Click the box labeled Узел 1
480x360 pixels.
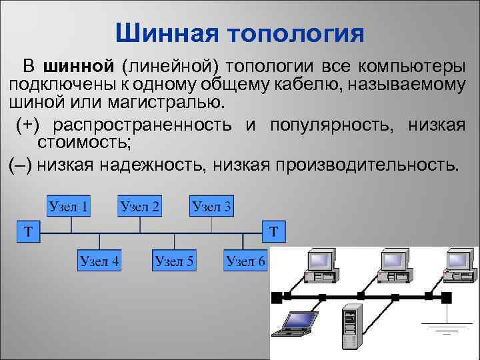point(69,206)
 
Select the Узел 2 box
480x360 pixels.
point(140,206)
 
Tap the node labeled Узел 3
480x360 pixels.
point(212,207)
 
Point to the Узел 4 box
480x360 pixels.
point(99,261)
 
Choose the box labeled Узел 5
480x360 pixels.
point(174,261)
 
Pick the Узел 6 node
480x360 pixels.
point(245,261)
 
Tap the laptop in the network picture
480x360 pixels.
point(298,323)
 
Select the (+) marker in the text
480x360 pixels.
point(29,125)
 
